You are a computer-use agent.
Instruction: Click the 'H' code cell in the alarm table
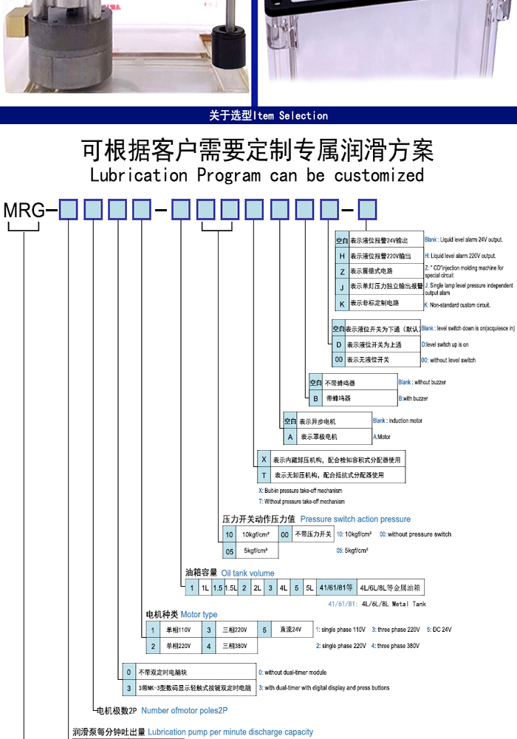point(341,256)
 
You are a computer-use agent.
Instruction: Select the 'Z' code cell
point(341,271)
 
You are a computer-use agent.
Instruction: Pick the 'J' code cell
point(341,287)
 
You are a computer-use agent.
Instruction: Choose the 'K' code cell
point(341,303)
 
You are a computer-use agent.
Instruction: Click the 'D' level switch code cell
point(338,344)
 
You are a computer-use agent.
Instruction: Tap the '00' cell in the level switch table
point(338,360)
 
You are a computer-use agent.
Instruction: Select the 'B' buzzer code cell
point(315,398)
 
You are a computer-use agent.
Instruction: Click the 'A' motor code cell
point(290,437)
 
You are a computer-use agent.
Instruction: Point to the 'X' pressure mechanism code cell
point(264,460)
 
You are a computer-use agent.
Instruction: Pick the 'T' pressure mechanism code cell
point(264,475)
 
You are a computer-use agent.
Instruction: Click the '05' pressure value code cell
point(230,551)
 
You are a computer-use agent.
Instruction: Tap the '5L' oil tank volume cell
point(309,588)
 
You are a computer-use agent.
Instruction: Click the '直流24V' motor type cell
point(290,630)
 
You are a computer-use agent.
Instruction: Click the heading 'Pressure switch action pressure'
point(355,520)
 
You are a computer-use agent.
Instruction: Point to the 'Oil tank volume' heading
point(248,573)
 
